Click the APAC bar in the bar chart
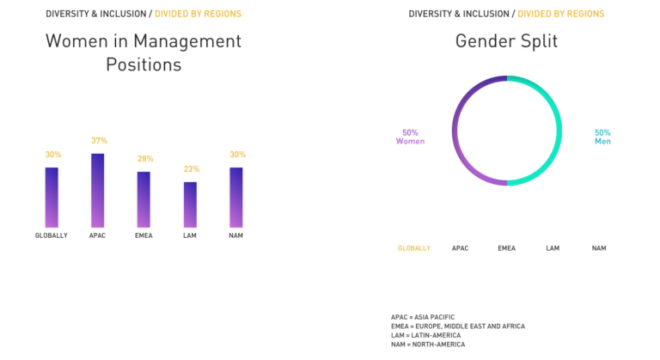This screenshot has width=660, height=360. click(98, 190)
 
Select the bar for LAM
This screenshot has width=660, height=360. click(190, 204)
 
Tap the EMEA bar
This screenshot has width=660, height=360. click(144, 199)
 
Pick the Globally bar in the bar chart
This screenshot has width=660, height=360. click(52, 197)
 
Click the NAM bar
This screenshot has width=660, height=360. click(236, 197)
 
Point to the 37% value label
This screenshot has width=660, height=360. click(99, 140)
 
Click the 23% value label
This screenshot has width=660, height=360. click(190, 169)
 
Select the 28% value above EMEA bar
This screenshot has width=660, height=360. click(144, 159)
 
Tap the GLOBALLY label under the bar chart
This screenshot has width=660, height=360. click(52, 235)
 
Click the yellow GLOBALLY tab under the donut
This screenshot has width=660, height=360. click(414, 248)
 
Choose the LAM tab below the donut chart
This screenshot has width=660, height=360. click(553, 248)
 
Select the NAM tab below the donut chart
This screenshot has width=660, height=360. click(599, 248)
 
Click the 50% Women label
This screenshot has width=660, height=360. click(410, 137)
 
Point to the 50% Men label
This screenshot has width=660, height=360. click(602, 137)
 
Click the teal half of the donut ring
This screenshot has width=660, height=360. click(557, 131)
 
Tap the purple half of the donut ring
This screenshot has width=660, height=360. click(456, 131)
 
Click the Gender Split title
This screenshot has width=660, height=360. click(506, 40)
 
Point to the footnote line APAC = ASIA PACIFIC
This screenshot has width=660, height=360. click(423, 317)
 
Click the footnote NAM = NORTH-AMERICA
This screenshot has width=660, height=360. click(428, 345)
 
